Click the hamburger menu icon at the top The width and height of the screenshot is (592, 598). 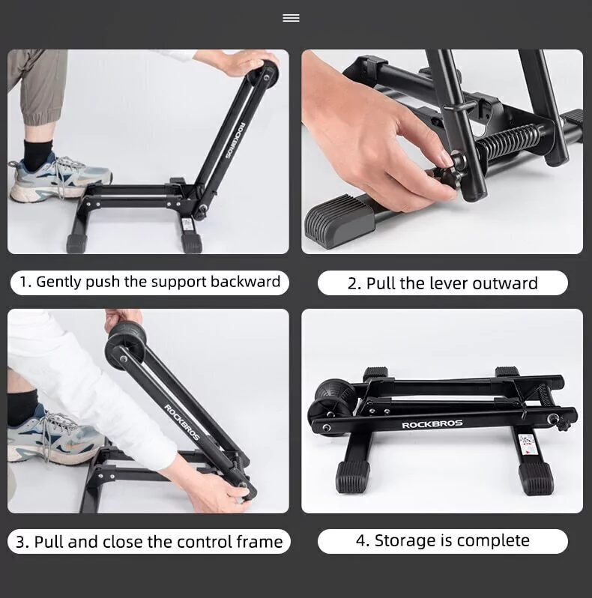[291, 18]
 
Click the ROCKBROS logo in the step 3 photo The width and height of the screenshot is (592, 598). [182, 422]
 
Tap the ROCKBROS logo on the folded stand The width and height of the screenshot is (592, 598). [432, 424]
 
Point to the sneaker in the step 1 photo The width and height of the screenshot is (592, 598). [59, 179]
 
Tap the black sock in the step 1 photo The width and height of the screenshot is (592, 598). [37, 154]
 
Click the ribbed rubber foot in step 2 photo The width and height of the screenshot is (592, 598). [339, 219]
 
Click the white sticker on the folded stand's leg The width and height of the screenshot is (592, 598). [528, 444]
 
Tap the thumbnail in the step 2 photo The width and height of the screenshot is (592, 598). [446, 157]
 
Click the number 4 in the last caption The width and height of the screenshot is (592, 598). [360, 541]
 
